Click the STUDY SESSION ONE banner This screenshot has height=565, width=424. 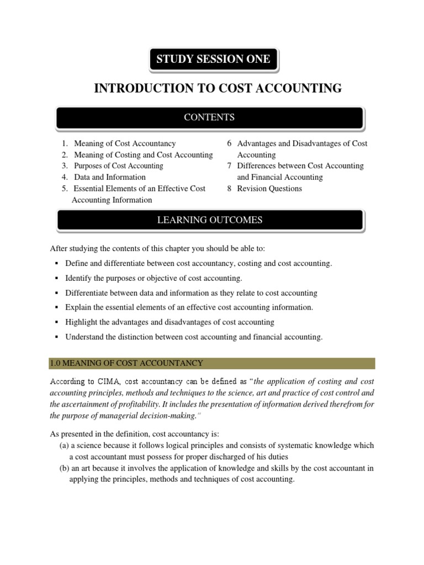pos(213,60)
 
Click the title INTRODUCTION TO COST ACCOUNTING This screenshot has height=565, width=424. pos(218,88)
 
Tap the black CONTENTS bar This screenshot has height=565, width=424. pos(209,118)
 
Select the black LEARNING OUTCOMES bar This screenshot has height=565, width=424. pos(209,221)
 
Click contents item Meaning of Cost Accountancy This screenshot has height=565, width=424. pos(125,143)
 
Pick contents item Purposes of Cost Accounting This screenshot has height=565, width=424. pos(119,166)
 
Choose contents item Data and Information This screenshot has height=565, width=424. pos(110,177)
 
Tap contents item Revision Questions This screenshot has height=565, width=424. pos(269,189)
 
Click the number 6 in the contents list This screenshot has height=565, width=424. pos(229,143)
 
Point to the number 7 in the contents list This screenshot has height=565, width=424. pos(229,166)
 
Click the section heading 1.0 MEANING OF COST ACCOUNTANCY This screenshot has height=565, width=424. pos(127,363)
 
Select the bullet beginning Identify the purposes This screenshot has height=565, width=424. pos(153,278)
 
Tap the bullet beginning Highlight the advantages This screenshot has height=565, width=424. pos(169,322)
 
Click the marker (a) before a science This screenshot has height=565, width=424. pos(64,445)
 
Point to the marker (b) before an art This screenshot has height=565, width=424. pos(64,468)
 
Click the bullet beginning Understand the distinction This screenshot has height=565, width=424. pos(194,337)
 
